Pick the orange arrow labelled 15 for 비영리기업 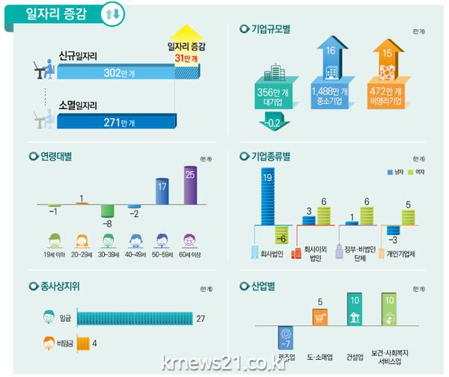coord(388,75)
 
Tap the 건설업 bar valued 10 coord(355,310)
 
